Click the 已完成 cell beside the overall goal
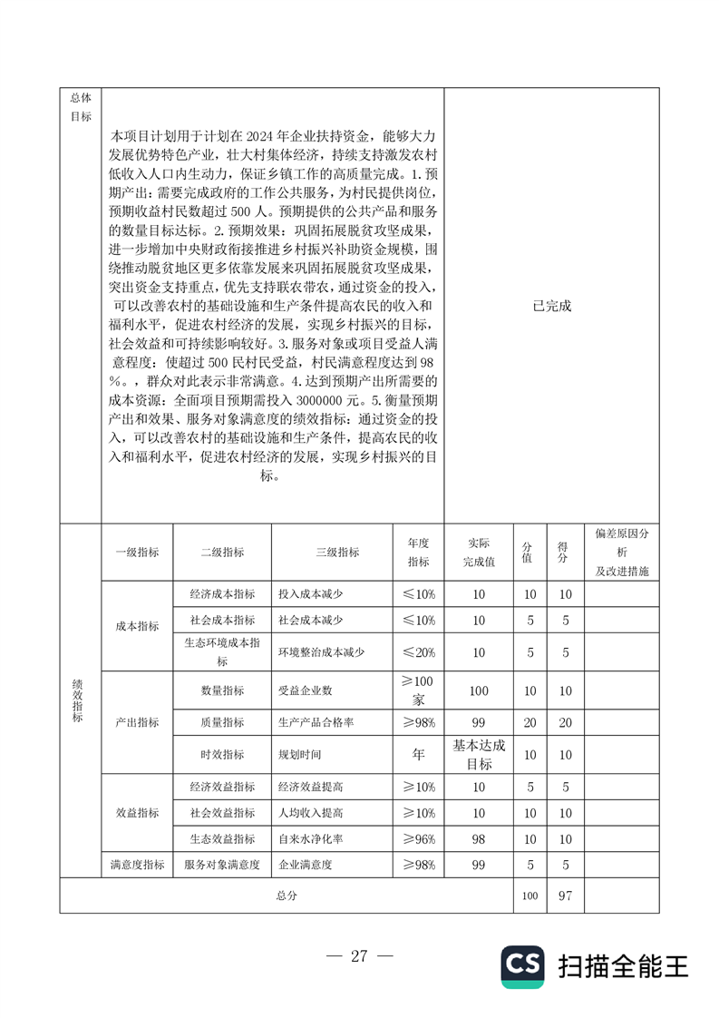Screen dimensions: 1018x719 point(552,306)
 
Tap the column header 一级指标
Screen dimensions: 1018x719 point(137,552)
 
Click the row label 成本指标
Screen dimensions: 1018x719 point(137,626)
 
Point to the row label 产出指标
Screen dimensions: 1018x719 point(137,722)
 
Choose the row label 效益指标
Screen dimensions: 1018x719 point(137,812)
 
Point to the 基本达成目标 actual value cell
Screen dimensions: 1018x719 point(479,754)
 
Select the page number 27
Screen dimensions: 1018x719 point(359,955)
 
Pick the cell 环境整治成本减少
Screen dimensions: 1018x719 point(321,652)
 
